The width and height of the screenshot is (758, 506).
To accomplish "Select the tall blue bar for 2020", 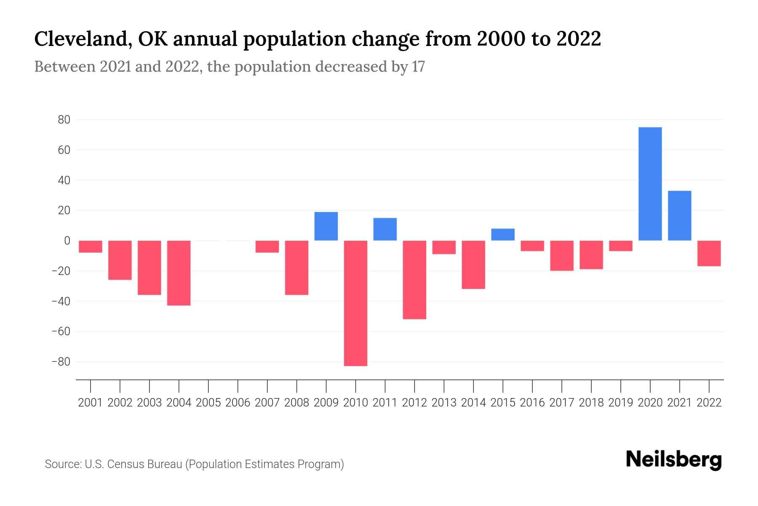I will click(650, 184).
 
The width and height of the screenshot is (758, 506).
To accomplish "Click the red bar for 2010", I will click(355, 303).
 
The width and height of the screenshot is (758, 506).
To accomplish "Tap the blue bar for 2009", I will click(326, 226).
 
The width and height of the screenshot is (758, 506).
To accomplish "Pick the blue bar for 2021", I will click(679, 216).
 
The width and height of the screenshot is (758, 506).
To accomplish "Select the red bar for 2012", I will click(414, 280).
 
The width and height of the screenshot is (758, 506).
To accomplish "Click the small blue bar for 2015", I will click(503, 234).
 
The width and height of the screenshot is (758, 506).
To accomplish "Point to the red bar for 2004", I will click(179, 273).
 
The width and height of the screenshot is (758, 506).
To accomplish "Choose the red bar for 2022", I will click(709, 253).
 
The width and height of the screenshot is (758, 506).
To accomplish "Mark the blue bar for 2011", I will click(385, 229).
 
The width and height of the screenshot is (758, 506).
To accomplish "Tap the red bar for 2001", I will click(91, 247).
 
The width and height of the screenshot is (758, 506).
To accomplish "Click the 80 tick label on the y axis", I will click(64, 120).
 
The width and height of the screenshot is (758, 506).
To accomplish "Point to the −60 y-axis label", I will click(61, 331).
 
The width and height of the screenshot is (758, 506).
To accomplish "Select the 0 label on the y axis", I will click(67, 241).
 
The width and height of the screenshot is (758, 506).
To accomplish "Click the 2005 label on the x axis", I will click(208, 403).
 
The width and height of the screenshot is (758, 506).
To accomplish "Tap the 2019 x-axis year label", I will click(620, 403).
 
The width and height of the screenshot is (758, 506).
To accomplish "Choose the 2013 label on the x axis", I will click(444, 403).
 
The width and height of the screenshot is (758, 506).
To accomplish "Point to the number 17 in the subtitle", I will click(418, 67).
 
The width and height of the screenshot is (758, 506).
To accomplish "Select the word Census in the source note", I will click(124, 464).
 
